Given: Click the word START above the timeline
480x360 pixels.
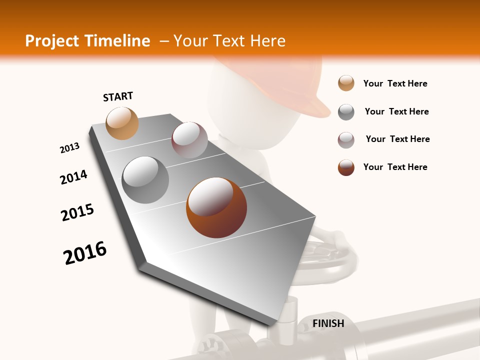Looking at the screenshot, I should click(x=118, y=96).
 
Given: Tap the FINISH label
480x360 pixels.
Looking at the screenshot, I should click(x=328, y=323).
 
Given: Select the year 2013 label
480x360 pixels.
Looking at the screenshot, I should click(x=70, y=148).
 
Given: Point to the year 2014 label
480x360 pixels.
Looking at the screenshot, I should click(x=74, y=177).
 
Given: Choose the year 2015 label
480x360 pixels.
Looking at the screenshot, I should click(x=77, y=212).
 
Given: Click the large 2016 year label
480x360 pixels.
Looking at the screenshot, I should click(x=85, y=253).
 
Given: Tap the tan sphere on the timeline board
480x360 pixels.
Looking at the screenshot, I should click(x=122, y=123).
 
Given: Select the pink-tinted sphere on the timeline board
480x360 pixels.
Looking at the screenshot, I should click(x=189, y=140).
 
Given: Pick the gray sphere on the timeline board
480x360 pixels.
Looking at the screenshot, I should click(x=145, y=180).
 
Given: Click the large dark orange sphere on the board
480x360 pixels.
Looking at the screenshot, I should click(x=216, y=207).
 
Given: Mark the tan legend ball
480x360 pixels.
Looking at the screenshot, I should click(x=346, y=83).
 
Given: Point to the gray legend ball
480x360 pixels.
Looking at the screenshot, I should click(x=346, y=112).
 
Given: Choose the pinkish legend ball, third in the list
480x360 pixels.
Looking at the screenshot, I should click(x=346, y=140).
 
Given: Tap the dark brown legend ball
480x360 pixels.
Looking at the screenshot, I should click(x=346, y=167).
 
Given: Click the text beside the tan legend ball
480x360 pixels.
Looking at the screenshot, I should click(x=395, y=83).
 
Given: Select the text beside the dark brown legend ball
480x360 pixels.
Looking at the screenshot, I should click(x=395, y=167).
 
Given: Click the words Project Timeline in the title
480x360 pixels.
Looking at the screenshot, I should click(x=87, y=41).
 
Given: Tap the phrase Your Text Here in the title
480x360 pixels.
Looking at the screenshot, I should click(x=229, y=41).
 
